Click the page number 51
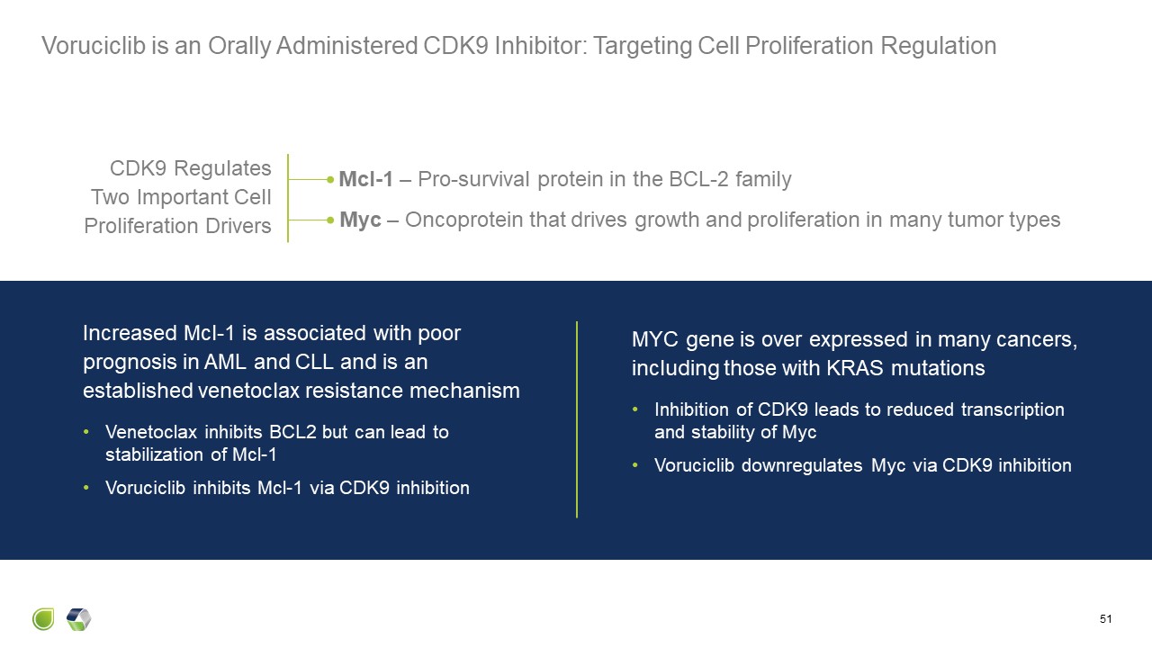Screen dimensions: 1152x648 [1106, 619]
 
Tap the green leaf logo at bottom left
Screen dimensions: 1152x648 [43, 619]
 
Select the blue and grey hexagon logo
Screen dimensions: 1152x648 [79, 619]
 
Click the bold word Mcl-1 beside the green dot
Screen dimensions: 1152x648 [365, 179]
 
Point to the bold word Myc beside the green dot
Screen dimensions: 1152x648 [360, 220]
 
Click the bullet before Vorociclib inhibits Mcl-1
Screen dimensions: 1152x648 [86, 489]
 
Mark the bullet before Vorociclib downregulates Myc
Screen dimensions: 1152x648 [635, 466]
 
